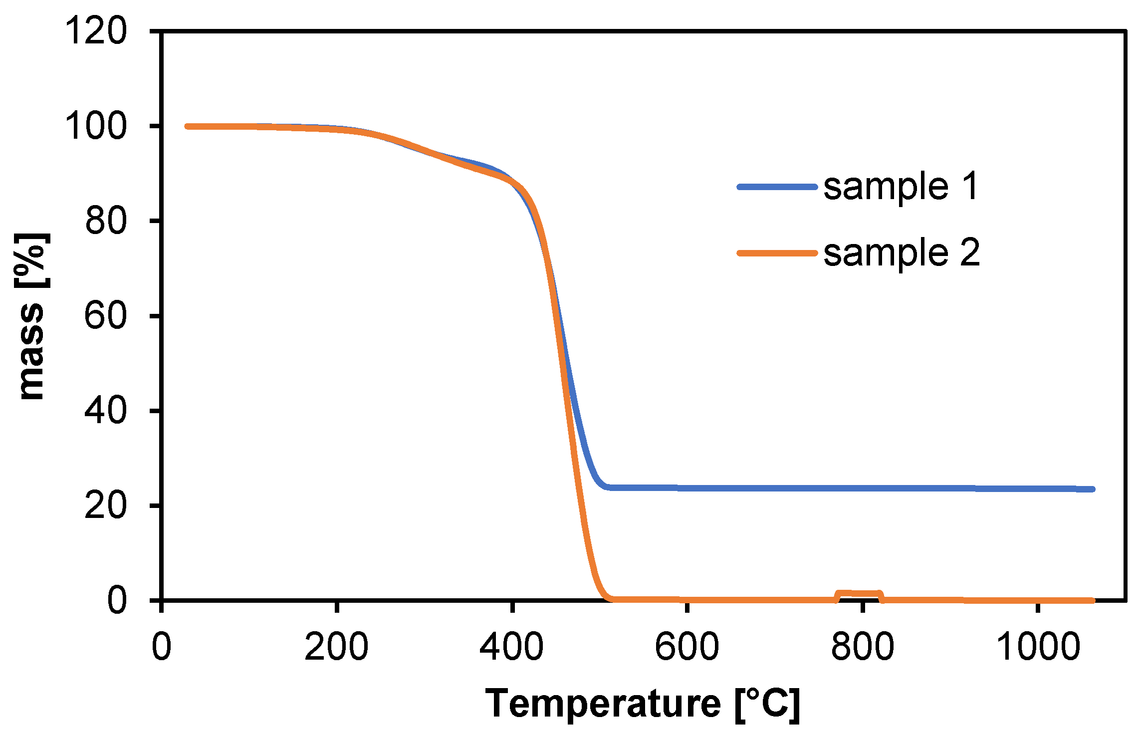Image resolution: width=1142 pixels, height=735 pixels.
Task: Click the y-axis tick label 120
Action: tap(96, 31)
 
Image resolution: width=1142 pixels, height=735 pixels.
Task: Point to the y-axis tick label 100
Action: tap(96, 126)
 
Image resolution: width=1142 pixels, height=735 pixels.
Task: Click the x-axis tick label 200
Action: tap(336, 647)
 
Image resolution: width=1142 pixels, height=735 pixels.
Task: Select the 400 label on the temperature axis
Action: tap(511, 647)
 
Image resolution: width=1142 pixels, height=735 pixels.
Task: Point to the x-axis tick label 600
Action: tap(686, 647)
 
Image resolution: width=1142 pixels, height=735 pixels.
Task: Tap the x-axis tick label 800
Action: tap(862, 647)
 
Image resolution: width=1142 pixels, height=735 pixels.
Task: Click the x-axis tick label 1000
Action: tap(1038, 647)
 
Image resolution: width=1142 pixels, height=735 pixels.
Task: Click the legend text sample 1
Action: tap(901, 187)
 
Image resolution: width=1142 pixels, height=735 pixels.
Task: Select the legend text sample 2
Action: tap(901, 253)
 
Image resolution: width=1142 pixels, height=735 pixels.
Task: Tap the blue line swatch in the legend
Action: tap(777, 187)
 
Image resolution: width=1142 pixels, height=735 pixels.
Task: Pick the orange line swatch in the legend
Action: tap(777, 253)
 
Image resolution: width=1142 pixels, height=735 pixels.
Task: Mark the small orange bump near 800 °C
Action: tap(859, 593)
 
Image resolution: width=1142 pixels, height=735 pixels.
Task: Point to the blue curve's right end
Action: tap(1092, 490)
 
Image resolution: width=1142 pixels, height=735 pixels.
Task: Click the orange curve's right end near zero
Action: tap(1092, 600)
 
